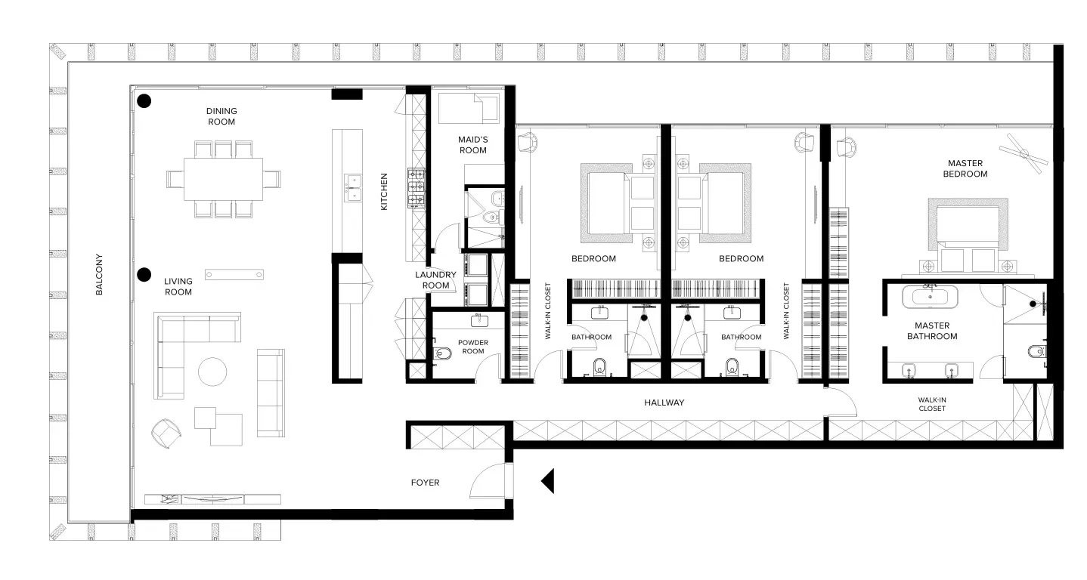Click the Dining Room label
[221, 116]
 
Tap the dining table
[223, 179]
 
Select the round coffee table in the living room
[212, 372]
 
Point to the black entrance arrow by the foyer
[548, 481]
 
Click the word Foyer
[425, 483]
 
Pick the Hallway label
[664, 403]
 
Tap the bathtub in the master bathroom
[930, 297]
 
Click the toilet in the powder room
[441, 353]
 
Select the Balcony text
[99, 274]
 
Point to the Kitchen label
[384, 192]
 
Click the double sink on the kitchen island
[353, 188]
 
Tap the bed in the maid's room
[468, 108]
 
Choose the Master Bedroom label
[965, 168]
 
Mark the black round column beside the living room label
[144, 275]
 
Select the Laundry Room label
[435, 280]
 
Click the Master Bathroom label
[932, 331]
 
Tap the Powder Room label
[472, 347]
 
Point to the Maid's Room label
[472, 145]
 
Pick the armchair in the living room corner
[166, 433]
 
